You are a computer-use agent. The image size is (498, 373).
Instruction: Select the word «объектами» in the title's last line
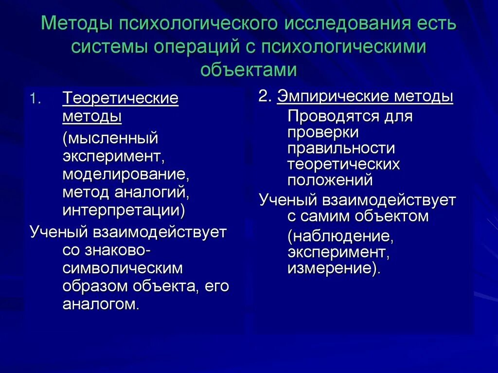point(249,70)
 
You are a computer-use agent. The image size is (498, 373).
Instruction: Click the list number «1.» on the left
point(36,99)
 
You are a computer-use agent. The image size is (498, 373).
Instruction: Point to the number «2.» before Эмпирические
point(265,96)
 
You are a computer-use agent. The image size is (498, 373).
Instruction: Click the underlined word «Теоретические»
point(120,99)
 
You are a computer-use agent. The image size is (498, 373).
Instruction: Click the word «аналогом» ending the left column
point(101,304)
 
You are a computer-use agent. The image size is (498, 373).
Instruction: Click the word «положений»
point(330,180)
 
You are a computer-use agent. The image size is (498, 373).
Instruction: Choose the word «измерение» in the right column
point(332,268)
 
